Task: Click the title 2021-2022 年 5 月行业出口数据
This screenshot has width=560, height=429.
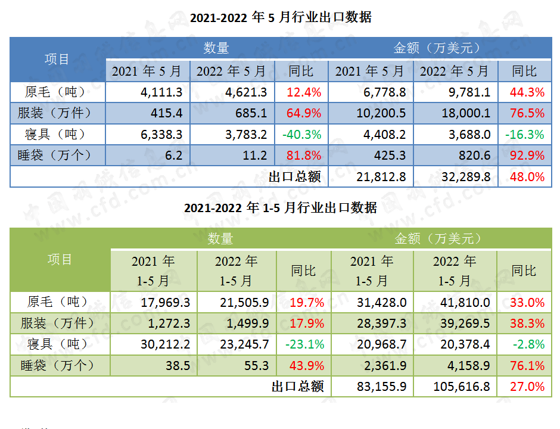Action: pos(280,17)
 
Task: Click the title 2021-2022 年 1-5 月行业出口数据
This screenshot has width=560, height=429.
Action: pos(280,208)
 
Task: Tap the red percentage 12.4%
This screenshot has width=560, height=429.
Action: pos(304,92)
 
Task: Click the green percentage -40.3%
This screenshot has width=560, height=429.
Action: pos(302,134)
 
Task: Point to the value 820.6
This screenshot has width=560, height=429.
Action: pos(475,156)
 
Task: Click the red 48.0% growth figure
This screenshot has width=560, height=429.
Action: pos(527,176)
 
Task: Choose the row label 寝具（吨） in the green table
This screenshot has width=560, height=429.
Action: pos(58,344)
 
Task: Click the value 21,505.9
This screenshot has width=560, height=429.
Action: pos(245,303)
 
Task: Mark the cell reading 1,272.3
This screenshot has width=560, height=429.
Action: pos(166,324)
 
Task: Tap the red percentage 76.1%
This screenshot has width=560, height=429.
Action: pos(527,365)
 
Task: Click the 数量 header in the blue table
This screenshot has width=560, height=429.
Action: pos(216,48)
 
